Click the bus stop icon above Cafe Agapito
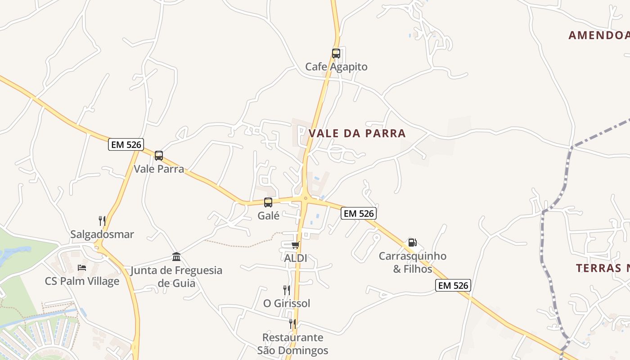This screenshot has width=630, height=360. [x=336, y=54]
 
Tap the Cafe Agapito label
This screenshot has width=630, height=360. [x=336, y=67]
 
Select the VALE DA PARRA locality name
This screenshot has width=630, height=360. [x=357, y=133]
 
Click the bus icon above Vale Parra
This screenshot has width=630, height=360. [x=159, y=156]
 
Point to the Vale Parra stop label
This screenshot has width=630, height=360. [x=159, y=169]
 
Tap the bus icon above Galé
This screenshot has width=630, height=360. [x=268, y=202]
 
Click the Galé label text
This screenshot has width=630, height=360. [x=269, y=216]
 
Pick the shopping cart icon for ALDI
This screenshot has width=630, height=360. [x=295, y=245]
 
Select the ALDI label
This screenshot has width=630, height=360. [x=296, y=258]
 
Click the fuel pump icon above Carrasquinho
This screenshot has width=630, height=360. [x=412, y=243]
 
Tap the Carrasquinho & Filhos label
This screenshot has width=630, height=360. [x=413, y=262]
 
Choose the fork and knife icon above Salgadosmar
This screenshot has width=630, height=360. [x=102, y=221]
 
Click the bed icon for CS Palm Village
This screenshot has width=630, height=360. [x=82, y=268]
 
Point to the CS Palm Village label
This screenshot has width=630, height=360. [x=82, y=281]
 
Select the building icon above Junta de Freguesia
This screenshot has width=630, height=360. [x=176, y=257]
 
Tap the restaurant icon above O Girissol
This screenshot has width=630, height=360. [x=286, y=290]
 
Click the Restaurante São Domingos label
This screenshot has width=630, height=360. [x=292, y=344]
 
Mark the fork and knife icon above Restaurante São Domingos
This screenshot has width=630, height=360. [x=292, y=324]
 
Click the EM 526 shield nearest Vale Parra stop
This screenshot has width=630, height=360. [x=126, y=144]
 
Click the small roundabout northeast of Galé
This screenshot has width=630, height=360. [x=306, y=198]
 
